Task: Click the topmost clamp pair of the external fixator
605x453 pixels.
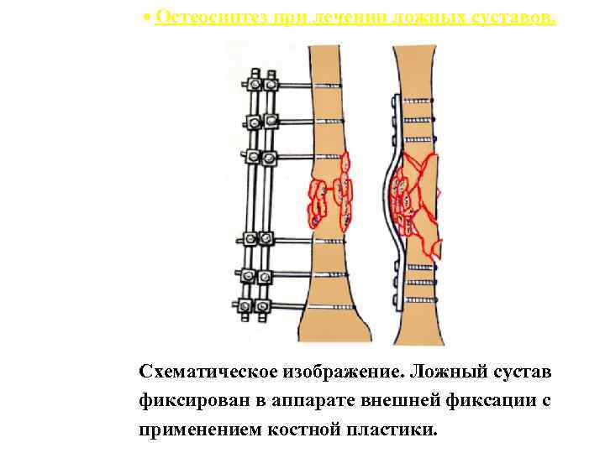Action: point(260,84)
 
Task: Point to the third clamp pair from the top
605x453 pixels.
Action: point(260,156)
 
